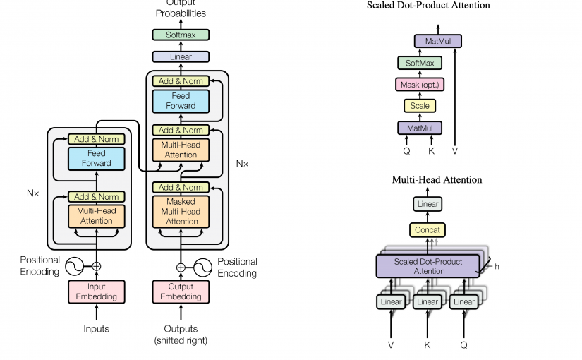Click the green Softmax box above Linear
181,35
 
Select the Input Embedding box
96,291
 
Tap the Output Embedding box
181,291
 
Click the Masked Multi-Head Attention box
181,211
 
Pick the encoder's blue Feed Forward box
96,158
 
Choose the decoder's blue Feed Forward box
181,101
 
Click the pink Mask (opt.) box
420,85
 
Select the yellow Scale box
420,106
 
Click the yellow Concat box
428,229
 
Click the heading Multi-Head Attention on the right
437,180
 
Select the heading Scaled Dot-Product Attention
428,6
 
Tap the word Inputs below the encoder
96,329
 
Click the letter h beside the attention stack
497,266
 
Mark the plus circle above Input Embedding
97,266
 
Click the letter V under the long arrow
455,150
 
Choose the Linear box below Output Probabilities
181,56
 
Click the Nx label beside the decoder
242,163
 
